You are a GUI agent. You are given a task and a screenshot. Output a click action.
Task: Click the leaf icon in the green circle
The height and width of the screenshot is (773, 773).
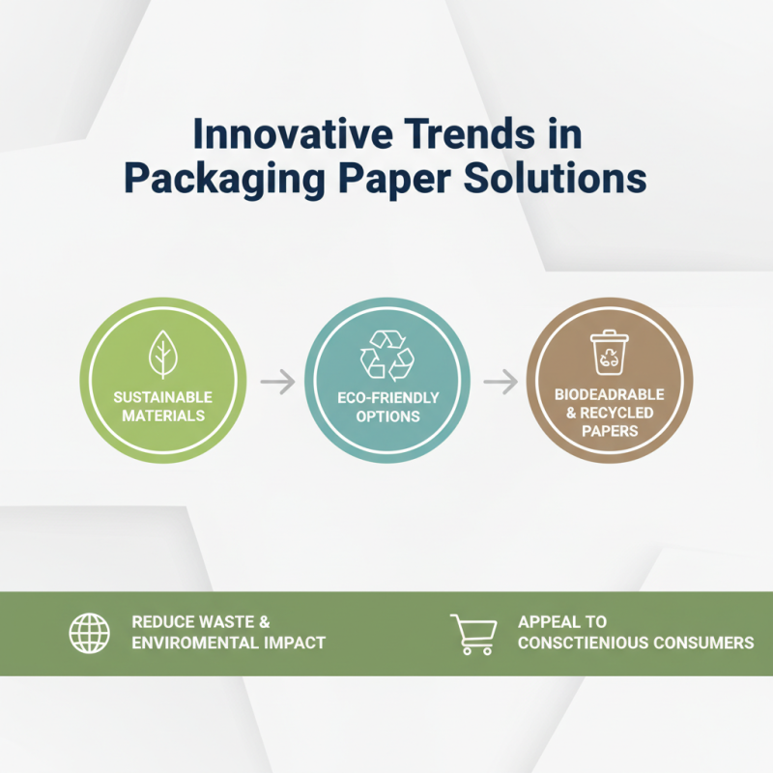(163, 355)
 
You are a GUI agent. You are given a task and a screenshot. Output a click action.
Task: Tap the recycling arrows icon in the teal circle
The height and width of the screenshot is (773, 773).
(386, 354)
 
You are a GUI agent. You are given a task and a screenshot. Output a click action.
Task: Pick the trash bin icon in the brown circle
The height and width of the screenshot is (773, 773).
(609, 352)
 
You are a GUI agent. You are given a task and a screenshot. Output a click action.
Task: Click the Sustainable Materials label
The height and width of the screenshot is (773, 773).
(162, 406)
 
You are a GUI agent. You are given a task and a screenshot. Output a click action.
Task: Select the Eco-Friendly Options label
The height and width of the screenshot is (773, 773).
(386, 407)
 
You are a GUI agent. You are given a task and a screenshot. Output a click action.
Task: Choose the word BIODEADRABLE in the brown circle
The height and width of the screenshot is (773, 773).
(610, 395)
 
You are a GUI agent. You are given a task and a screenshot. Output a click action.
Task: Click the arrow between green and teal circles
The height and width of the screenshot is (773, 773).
(277, 383)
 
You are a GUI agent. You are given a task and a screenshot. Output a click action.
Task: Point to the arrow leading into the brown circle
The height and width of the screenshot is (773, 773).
(501, 383)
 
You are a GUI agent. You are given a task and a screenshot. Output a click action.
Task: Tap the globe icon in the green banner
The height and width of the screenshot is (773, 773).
(89, 633)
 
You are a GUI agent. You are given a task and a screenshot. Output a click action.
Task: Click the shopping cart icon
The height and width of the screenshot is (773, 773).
(473, 633)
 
